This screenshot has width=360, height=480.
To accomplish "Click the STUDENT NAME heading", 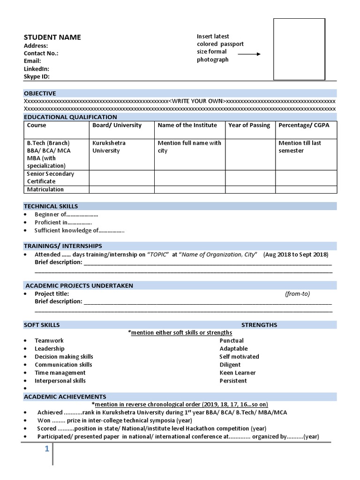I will click(x=52, y=37).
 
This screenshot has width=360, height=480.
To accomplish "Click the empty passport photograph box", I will click(x=299, y=49).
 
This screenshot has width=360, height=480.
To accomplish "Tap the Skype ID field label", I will click(x=37, y=76).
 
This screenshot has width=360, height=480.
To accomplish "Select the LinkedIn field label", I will click(x=36, y=69).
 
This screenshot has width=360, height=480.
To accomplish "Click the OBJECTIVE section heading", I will click(x=40, y=93).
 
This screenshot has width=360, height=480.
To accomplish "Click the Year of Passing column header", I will click(x=249, y=125).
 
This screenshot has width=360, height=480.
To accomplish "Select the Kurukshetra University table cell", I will click(x=109, y=147).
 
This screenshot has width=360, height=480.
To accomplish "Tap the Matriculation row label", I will click(x=45, y=189).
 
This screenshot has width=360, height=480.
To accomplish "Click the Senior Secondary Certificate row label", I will click(x=50, y=178).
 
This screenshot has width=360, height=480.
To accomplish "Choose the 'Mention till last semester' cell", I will click(x=300, y=147).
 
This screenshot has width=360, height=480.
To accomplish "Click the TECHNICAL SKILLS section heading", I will click(x=51, y=206).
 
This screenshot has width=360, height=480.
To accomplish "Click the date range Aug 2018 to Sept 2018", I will click(x=296, y=255).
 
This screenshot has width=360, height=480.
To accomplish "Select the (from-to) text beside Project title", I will click(x=297, y=294).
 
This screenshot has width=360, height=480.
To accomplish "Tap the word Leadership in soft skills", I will click(x=50, y=349).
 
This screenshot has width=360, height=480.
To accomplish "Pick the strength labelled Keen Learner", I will click(x=238, y=373).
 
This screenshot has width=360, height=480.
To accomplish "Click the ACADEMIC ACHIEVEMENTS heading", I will click(x=65, y=397).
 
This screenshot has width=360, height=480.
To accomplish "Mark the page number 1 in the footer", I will click(x=47, y=450).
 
